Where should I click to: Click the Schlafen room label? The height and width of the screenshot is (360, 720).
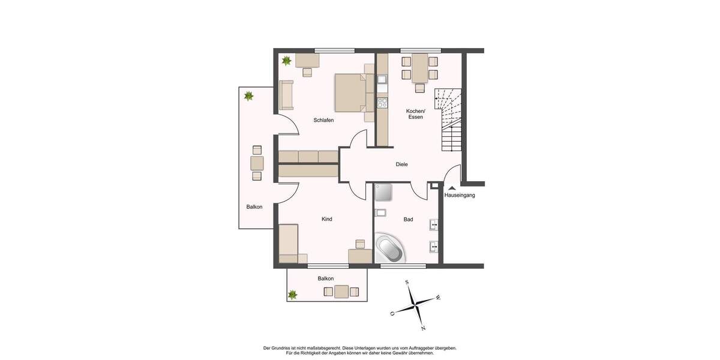click(x=323, y=121)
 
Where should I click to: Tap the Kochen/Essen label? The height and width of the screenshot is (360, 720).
click(x=415, y=114)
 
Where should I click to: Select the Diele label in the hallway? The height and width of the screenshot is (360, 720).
click(x=401, y=164)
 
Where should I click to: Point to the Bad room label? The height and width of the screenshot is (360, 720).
click(x=408, y=220)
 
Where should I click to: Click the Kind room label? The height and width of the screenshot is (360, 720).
click(x=327, y=220)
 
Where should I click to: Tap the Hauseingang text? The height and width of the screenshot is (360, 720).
click(x=460, y=196)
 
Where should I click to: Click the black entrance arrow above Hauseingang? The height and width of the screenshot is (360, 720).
click(x=452, y=188)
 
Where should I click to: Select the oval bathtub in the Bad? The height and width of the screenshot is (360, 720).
click(x=391, y=249)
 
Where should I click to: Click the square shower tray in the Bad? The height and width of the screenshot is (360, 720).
click(x=383, y=193)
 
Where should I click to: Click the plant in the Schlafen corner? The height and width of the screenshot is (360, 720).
click(x=287, y=61)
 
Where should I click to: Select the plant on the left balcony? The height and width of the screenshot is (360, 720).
click(x=248, y=95)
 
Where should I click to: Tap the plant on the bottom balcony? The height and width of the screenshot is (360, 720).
click(x=293, y=295)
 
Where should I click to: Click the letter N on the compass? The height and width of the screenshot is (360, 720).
click(x=423, y=328)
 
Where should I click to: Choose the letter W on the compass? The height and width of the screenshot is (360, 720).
click(x=438, y=297)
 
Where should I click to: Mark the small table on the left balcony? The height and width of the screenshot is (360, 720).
click(x=257, y=163)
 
